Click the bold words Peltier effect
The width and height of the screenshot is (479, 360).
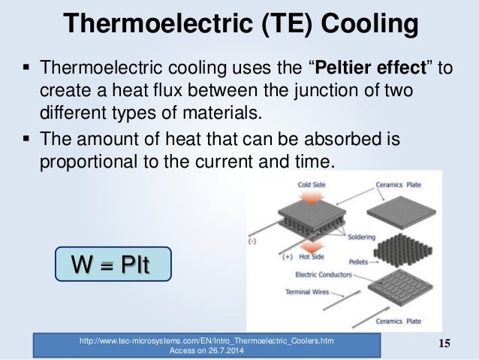coord(372,70)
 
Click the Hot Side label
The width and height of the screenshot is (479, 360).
coord(301,256)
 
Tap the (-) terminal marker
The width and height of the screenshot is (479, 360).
coord(252,243)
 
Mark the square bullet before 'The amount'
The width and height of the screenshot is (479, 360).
coord(26,138)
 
